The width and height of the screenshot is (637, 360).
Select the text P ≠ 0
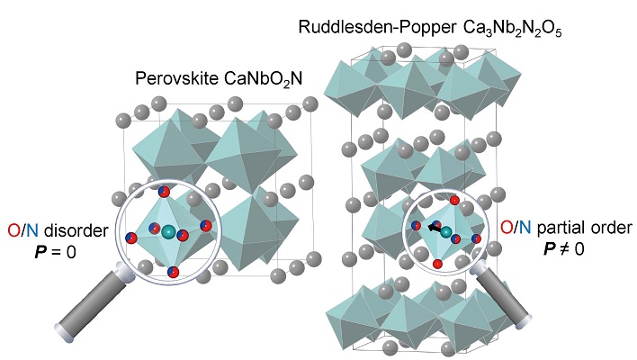560,245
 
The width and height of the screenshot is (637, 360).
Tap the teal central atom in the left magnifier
168,232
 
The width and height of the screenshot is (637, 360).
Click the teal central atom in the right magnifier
446,232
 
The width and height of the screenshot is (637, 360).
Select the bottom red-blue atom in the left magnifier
173,271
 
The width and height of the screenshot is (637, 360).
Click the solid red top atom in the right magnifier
455,200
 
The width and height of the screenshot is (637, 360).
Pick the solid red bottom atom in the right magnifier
436,264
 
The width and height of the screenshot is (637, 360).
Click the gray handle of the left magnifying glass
86,307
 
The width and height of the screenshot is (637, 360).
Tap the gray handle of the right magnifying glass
498,298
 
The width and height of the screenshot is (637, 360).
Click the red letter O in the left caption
11,232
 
